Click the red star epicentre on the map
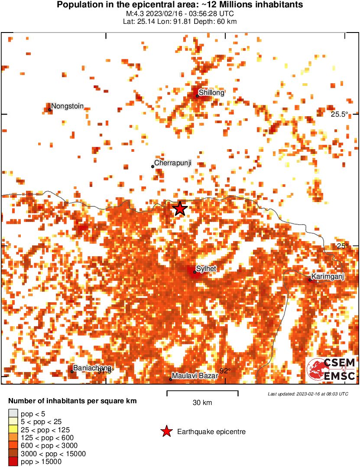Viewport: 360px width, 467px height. point(180,209)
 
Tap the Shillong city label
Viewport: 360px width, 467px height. point(211,93)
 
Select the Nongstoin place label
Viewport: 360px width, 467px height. point(67,106)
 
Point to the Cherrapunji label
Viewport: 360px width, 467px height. point(173,163)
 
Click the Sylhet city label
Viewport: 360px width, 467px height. point(206,269)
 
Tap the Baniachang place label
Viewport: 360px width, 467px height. point(92,368)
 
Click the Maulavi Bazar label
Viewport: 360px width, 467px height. point(195,376)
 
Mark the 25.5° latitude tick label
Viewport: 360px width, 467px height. point(340,114)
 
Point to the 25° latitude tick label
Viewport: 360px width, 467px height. point(342,246)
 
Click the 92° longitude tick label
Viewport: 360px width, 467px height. point(224,371)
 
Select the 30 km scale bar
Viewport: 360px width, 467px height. point(202,393)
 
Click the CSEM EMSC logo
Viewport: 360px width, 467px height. point(332,370)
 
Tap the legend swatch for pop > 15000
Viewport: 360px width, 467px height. point(13,462)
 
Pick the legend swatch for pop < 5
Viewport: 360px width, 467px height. point(13,414)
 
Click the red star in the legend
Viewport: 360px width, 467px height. point(166,431)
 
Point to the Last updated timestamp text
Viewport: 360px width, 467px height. point(308,394)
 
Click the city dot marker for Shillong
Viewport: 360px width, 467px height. point(197,96)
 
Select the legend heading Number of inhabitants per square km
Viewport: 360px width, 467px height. point(72,401)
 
